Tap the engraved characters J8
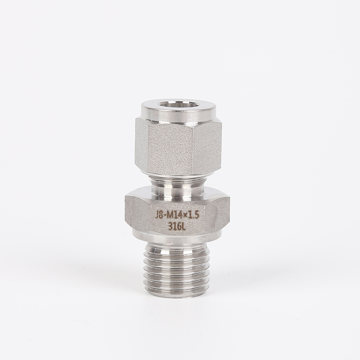pyautogui.click(x=158, y=216)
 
